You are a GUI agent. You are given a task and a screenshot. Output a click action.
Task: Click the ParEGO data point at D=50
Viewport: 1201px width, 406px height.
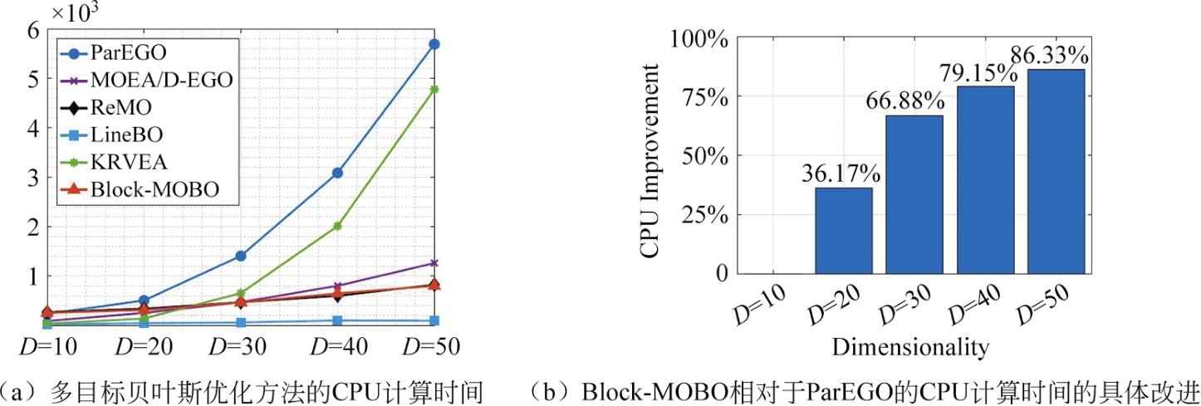click(x=434, y=44)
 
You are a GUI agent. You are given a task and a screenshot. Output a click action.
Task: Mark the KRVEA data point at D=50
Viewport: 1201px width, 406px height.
click(x=434, y=89)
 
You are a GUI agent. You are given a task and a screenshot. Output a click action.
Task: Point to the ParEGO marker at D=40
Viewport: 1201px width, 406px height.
click(x=338, y=173)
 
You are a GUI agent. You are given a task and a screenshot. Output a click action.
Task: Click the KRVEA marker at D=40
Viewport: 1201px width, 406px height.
click(x=338, y=226)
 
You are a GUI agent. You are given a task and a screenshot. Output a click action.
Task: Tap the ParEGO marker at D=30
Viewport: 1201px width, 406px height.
click(x=241, y=256)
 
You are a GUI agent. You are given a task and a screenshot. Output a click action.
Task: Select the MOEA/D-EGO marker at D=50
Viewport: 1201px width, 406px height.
click(x=434, y=263)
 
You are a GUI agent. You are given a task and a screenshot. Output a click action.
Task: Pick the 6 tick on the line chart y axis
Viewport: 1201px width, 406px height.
click(x=33, y=29)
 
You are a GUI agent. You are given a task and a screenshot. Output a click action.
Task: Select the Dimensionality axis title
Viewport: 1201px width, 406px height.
click(x=909, y=346)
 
